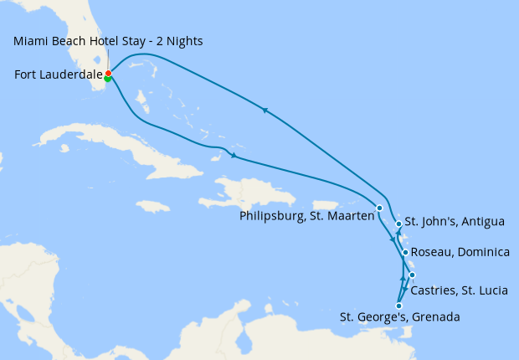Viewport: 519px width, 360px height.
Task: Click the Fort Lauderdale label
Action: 58,75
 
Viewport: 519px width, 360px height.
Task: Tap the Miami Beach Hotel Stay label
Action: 108,41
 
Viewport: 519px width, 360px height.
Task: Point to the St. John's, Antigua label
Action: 455,222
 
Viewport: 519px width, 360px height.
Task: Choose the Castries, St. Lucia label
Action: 459,291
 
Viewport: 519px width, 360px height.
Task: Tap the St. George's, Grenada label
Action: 399,317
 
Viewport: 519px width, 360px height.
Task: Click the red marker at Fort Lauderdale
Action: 109,74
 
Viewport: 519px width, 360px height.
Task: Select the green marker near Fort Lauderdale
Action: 108,80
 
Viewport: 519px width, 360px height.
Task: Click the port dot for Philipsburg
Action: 379,208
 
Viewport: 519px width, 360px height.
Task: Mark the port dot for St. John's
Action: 398,224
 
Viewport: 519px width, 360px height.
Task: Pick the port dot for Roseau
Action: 405,252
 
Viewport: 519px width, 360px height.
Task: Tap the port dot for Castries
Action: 412,275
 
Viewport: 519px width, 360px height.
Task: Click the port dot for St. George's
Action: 398,306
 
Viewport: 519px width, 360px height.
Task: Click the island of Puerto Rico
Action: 327,205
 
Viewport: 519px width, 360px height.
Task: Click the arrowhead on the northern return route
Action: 265,110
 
